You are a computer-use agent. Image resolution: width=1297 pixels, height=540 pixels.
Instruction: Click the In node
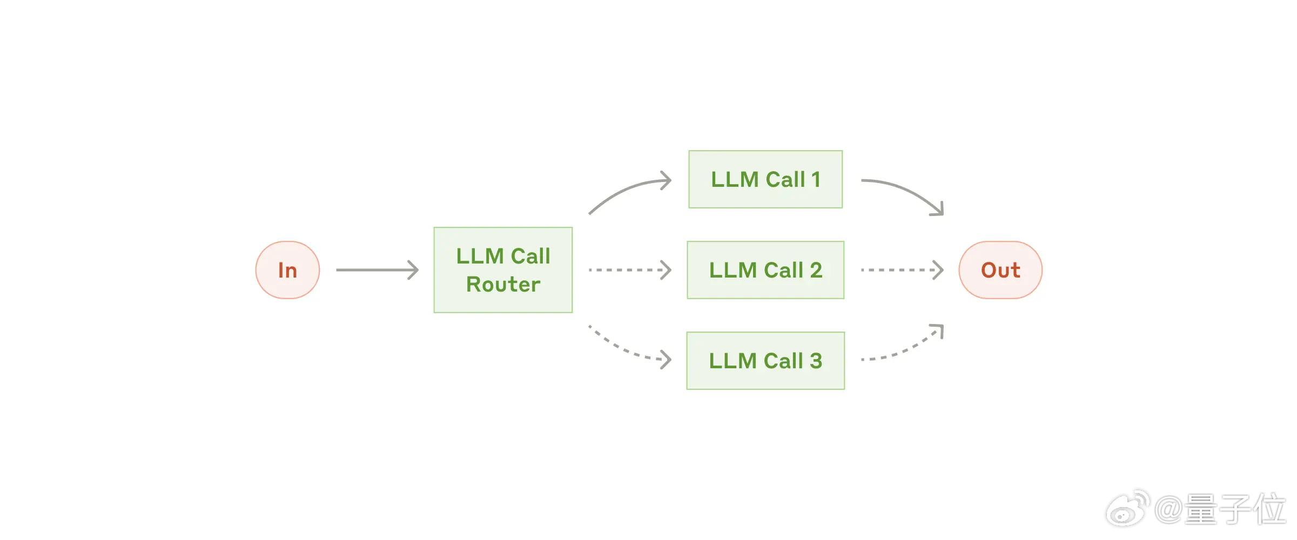tap(287, 270)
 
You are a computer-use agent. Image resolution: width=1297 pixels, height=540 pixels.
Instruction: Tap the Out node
tap(1000, 270)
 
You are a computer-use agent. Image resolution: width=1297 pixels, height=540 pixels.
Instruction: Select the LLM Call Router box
tap(503, 270)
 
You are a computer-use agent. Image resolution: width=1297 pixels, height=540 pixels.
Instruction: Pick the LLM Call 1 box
tap(765, 179)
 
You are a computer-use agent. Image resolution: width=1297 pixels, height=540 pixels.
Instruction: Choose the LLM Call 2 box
tap(765, 270)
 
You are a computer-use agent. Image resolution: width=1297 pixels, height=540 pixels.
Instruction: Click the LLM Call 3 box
tap(765, 361)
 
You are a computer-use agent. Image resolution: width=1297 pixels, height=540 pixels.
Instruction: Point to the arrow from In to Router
tap(377, 270)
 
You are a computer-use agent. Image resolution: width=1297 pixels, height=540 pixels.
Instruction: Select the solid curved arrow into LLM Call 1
tap(627, 189)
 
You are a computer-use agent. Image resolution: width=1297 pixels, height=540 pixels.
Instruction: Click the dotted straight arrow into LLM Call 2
tap(630, 270)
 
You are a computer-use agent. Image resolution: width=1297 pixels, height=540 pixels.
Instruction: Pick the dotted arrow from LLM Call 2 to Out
tap(902, 270)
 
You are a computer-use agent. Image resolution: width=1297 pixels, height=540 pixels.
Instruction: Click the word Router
tap(503, 285)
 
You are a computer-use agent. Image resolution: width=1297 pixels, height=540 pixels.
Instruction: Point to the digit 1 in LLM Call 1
tap(816, 179)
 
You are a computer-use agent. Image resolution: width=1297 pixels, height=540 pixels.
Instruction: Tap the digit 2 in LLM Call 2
tap(816, 270)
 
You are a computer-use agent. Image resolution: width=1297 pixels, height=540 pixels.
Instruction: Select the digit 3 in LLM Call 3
tap(816, 361)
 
